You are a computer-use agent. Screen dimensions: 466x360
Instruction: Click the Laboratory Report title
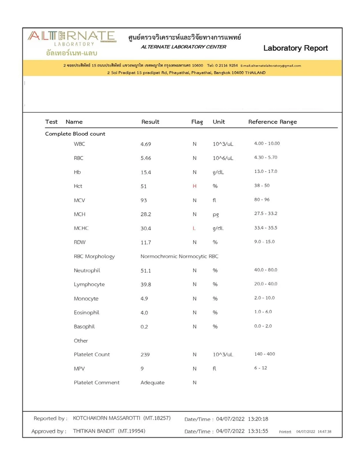pos(295,48)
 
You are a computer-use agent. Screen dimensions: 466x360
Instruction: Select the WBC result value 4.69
pos(146,144)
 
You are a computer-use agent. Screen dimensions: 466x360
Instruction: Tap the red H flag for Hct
pos(195,186)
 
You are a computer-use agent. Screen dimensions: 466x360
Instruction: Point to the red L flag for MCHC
pos(194,228)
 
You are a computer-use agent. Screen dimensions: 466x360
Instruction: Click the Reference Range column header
pos(272,122)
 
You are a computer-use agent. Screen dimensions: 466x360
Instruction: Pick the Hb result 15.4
pos(146,172)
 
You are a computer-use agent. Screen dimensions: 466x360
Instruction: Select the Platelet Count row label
pos(92,354)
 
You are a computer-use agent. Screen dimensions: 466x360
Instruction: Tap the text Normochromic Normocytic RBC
pos(179,256)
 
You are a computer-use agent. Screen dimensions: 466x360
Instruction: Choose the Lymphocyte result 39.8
pos(146,285)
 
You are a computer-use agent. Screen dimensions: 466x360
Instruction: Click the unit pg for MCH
pos(216,214)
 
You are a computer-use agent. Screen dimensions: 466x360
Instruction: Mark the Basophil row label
pos(84,327)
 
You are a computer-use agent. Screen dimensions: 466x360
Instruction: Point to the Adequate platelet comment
pos(152,383)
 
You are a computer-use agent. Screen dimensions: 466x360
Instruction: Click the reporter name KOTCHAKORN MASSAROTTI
pos(121,418)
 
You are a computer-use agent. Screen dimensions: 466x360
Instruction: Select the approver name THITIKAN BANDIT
pos(109,431)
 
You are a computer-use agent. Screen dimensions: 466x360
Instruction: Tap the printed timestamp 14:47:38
pos(324,432)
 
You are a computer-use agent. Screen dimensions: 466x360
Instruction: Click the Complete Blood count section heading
pos(75,134)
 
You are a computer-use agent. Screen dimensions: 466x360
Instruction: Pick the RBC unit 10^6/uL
pos(223,158)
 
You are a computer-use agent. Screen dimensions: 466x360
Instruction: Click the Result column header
pos(150,122)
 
